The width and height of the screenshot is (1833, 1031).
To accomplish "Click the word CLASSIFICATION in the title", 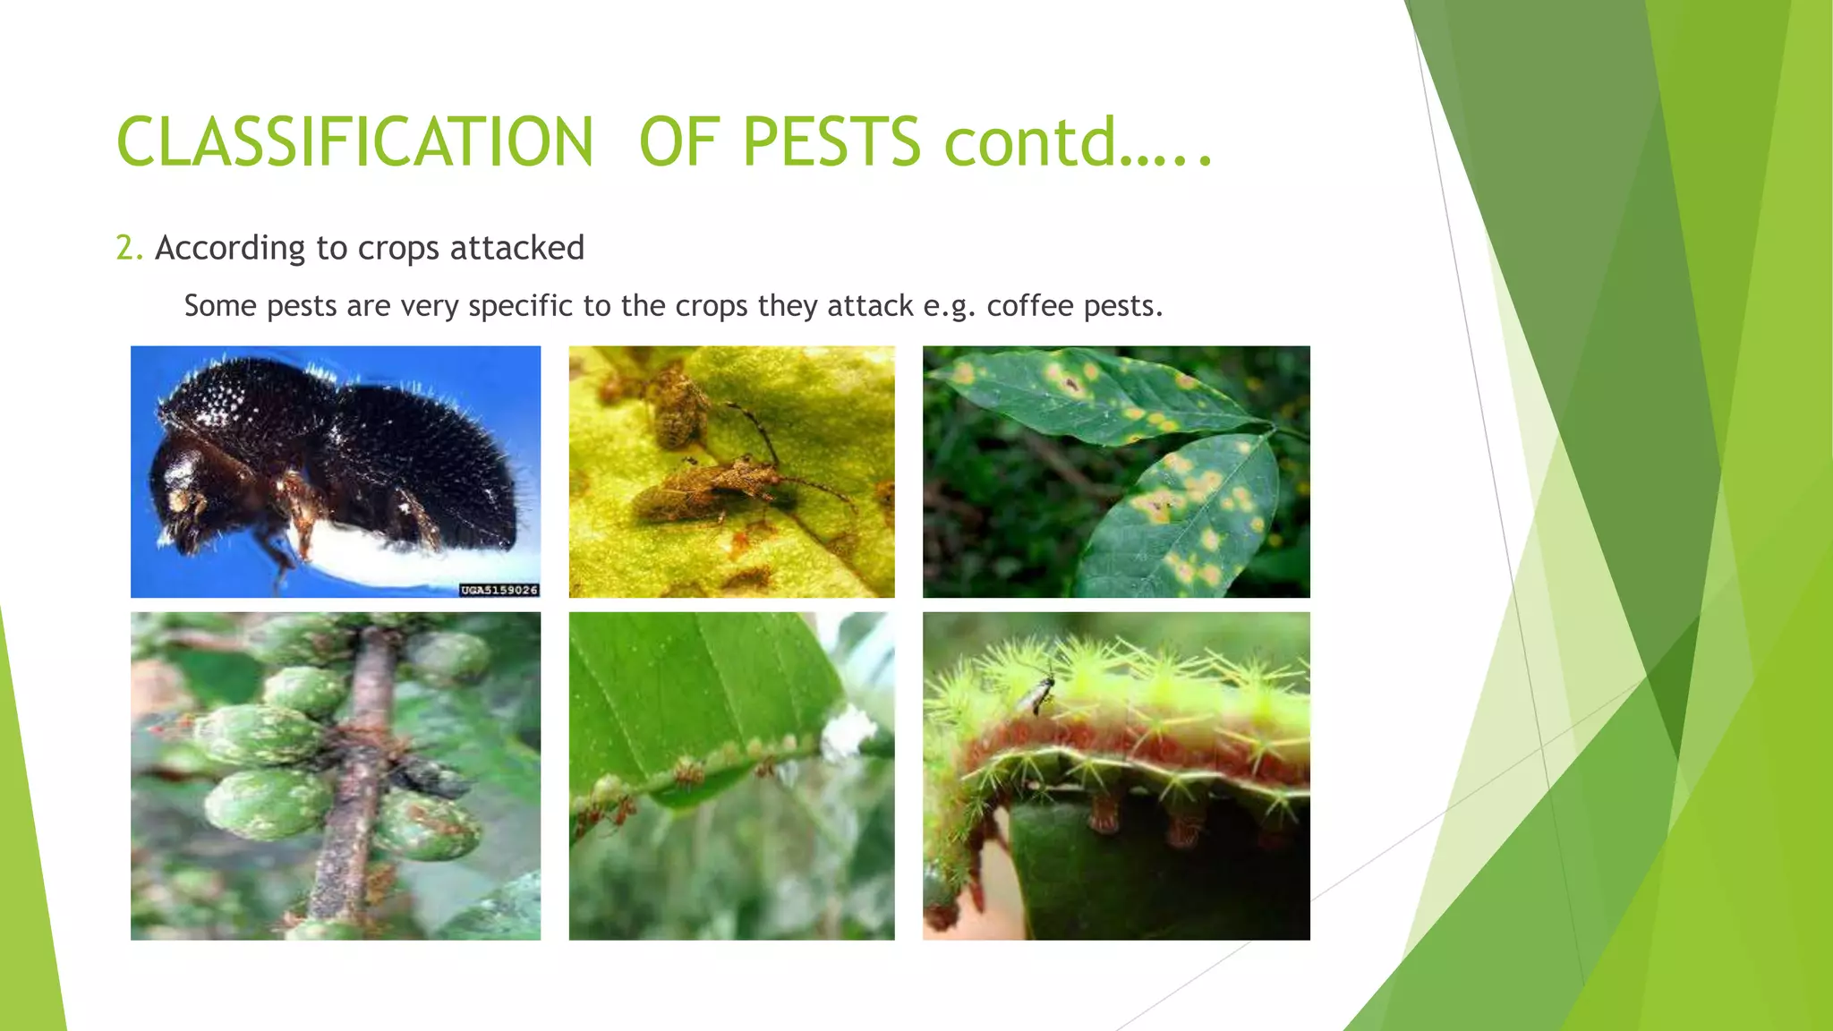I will (354, 142).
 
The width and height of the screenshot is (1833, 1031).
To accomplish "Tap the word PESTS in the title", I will (831, 142).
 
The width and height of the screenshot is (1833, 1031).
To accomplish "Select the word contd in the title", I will (1029, 142).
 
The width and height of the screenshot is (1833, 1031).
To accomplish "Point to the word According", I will (230, 249).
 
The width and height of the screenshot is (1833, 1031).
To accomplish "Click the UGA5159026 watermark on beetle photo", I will (499, 590).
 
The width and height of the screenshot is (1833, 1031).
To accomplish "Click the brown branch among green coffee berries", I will (358, 779).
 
